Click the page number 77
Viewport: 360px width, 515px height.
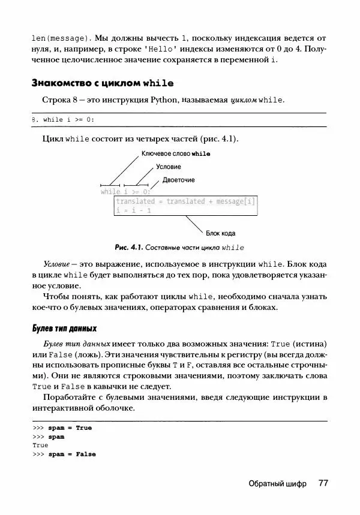[322, 483]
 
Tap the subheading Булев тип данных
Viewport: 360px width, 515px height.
[64, 329]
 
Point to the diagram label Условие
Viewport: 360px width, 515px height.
[168, 167]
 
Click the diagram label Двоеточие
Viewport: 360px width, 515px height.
[178, 180]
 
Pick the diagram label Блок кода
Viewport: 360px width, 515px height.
[220, 233]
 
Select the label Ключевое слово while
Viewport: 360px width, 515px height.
[175, 154]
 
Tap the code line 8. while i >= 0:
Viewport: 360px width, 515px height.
[62, 119]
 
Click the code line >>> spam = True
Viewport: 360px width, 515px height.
[62, 428]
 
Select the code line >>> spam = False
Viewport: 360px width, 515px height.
[64, 454]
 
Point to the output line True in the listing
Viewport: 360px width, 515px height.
[40, 445]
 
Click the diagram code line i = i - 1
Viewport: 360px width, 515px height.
[133, 210]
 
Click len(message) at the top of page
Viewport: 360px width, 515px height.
[59, 37]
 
